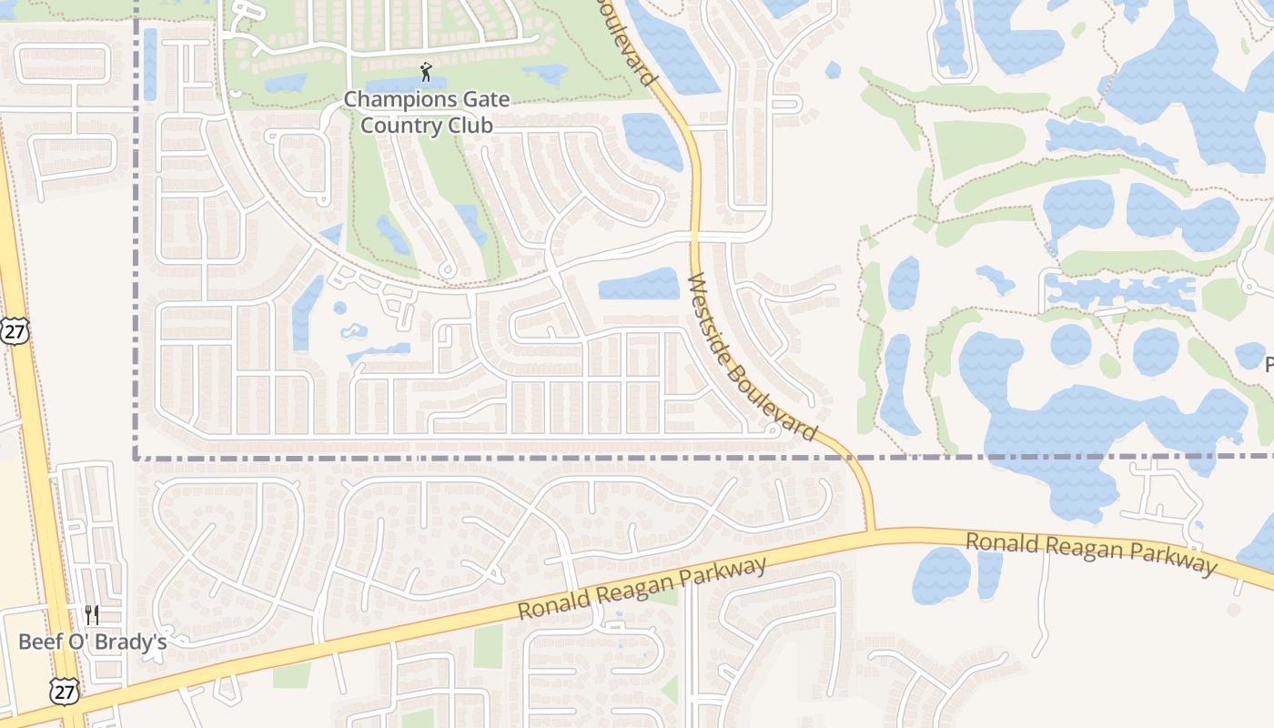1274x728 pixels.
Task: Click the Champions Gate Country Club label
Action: (427, 112)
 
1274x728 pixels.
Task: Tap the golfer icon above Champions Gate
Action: (426, 71)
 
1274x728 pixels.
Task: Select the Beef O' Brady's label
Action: (93, 642)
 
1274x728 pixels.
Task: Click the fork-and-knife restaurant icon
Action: (91, 615)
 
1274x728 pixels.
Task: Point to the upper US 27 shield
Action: (15, 330)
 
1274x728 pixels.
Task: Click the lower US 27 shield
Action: (65, 692)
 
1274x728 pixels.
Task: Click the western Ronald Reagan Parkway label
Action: (642, 590)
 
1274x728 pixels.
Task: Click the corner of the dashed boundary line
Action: (136, 457)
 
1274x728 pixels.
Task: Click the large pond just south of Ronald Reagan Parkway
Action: (942, 575)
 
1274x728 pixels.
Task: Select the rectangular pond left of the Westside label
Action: (639, 284)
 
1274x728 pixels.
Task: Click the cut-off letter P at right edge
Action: (1269, 364)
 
